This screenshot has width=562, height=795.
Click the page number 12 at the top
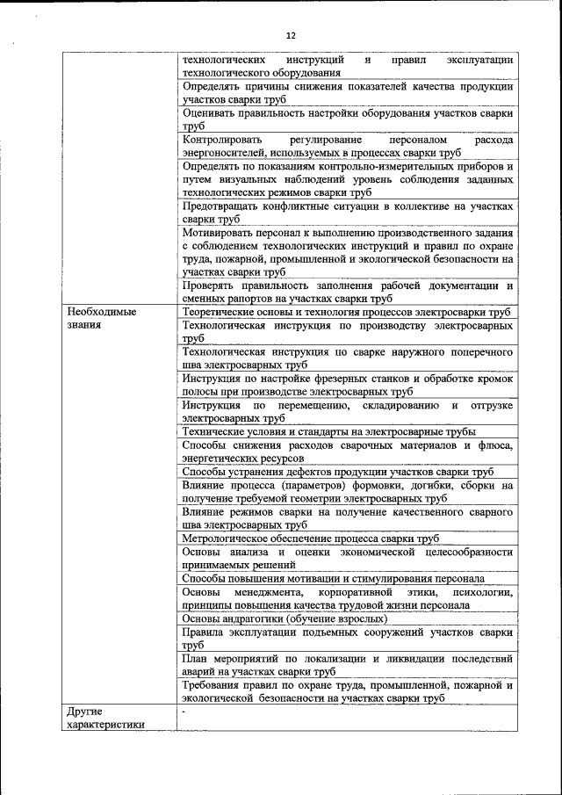click(x=291, y=34)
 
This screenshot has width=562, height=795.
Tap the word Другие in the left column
click(x=85, y=710)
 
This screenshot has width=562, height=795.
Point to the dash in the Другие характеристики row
click(x=184, y=710)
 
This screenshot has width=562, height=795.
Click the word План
click(x=194, y=658)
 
